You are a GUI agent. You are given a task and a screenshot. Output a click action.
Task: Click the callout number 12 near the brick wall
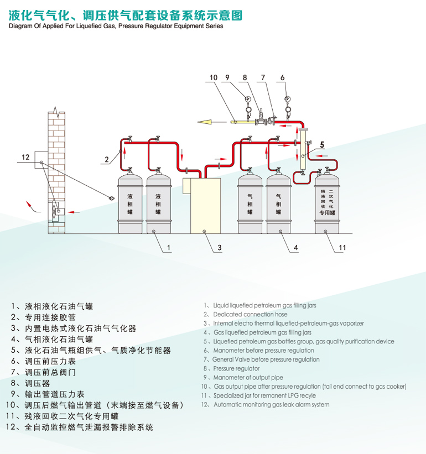click(25, 158)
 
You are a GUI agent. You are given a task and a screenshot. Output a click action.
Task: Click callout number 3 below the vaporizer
click(219, 248)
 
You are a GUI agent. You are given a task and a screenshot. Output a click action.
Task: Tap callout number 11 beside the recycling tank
click(342, 248)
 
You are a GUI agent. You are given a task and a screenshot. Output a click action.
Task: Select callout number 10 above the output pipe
click(213, 77)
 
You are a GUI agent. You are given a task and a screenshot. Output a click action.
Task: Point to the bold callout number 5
click(322, 145)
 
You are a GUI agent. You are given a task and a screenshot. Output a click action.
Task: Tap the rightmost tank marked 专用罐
click(327, 202)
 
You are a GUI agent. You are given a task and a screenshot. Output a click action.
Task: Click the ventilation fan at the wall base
click(56, 211)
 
